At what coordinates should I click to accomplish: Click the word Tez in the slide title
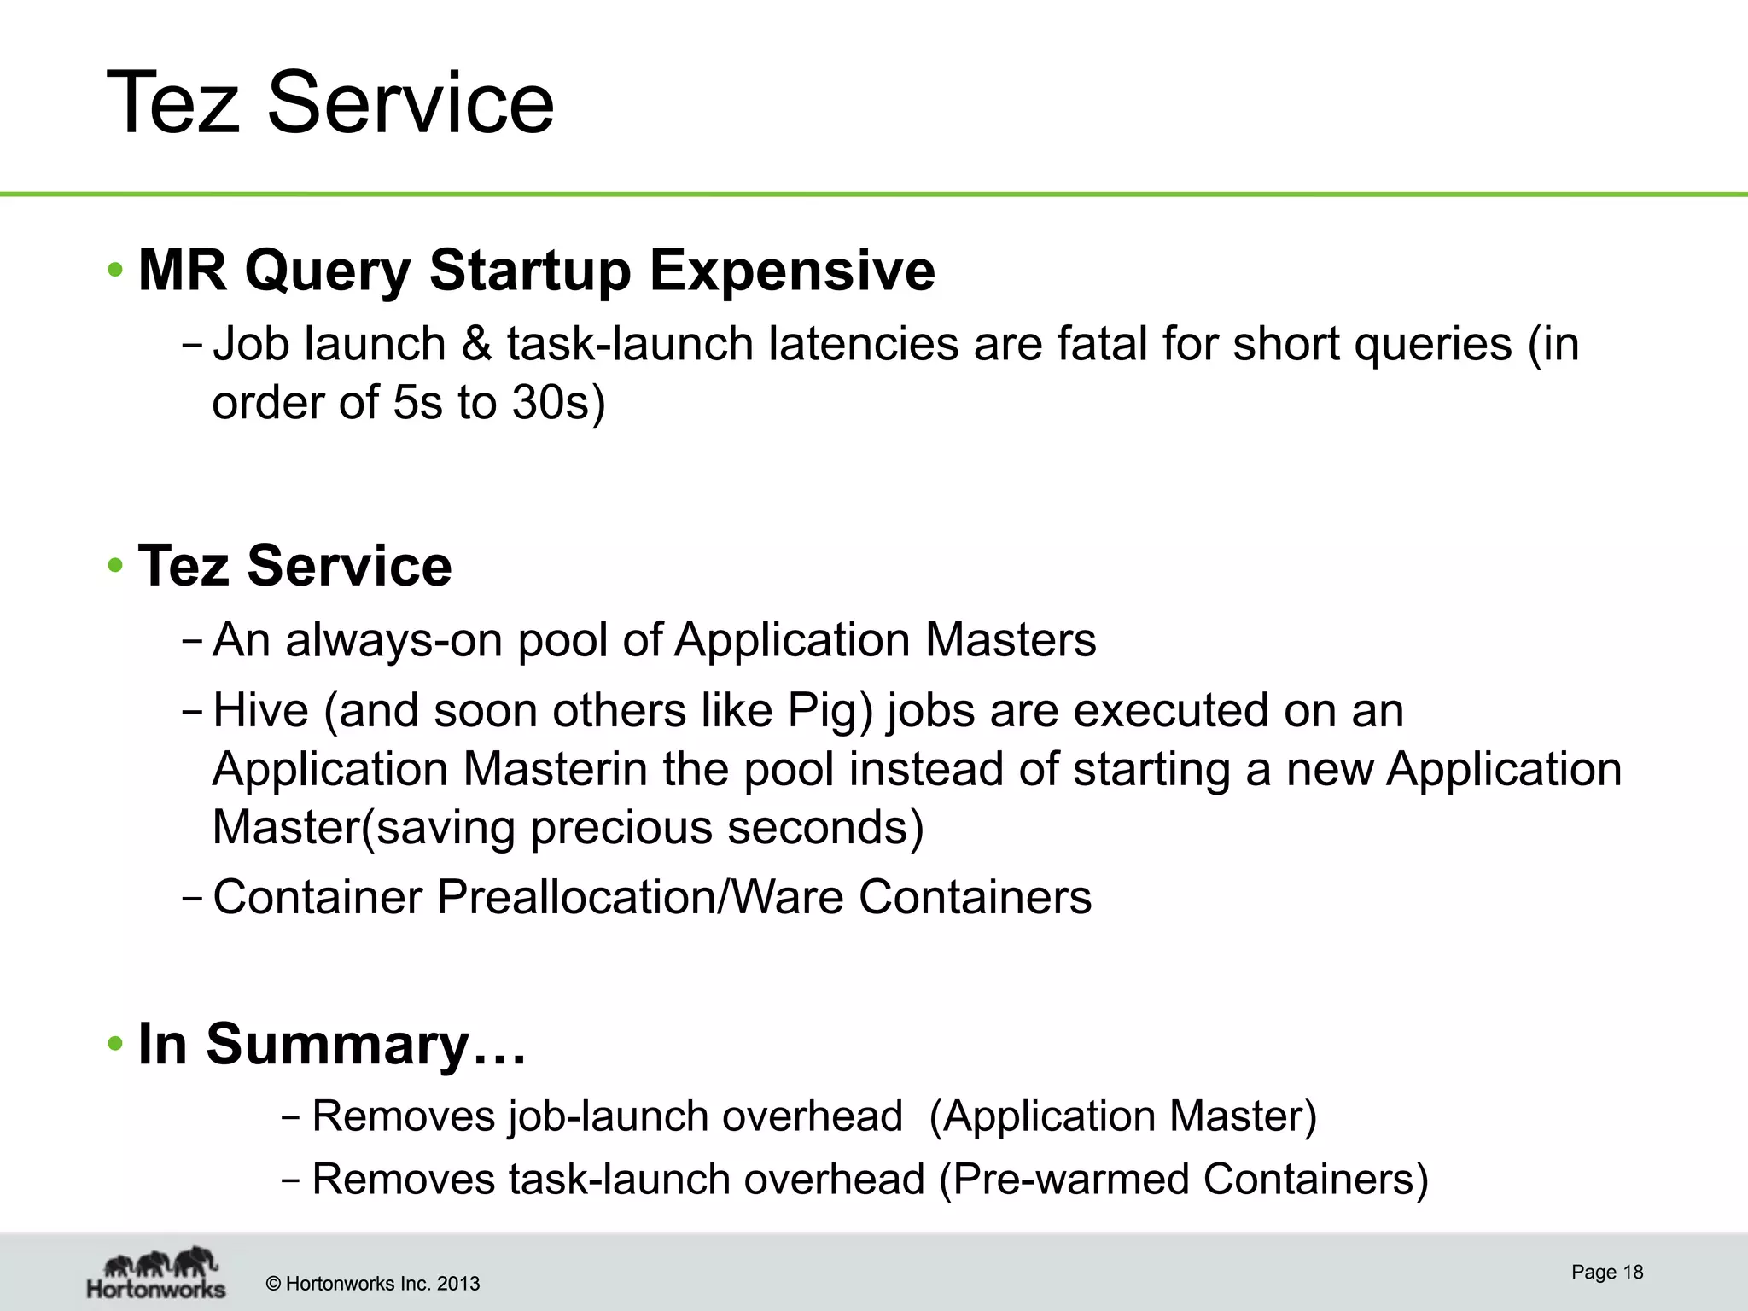pos(172,103)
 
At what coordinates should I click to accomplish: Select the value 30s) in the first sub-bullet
pos(558,402)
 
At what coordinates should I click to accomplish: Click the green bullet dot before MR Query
pos(115,271)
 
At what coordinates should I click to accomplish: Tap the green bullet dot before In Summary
pos(115,1044)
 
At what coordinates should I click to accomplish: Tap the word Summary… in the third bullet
pos(366,1044)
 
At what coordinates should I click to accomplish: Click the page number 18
pos(1633,1272)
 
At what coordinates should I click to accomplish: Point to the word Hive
pos(260,711)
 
